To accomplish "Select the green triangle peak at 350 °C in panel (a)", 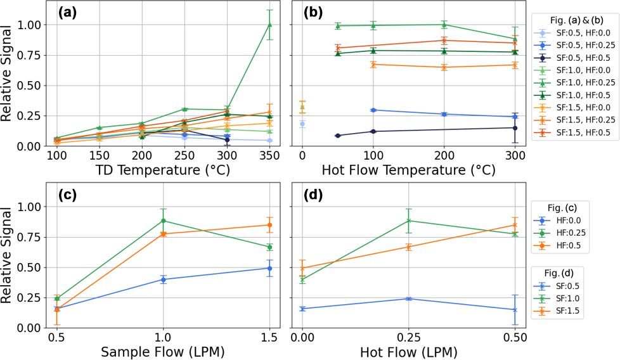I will [269, 25].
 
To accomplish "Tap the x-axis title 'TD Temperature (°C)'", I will [164, 170].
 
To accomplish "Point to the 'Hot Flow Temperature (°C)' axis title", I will [408, 170].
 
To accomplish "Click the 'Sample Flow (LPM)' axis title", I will [163, 351].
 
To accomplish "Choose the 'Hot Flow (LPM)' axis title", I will [408, 351].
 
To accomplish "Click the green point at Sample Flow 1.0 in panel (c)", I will [163, 221].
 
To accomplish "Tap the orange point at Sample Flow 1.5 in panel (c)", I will [269, 225].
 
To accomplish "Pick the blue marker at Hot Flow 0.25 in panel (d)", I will [408, 299].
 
